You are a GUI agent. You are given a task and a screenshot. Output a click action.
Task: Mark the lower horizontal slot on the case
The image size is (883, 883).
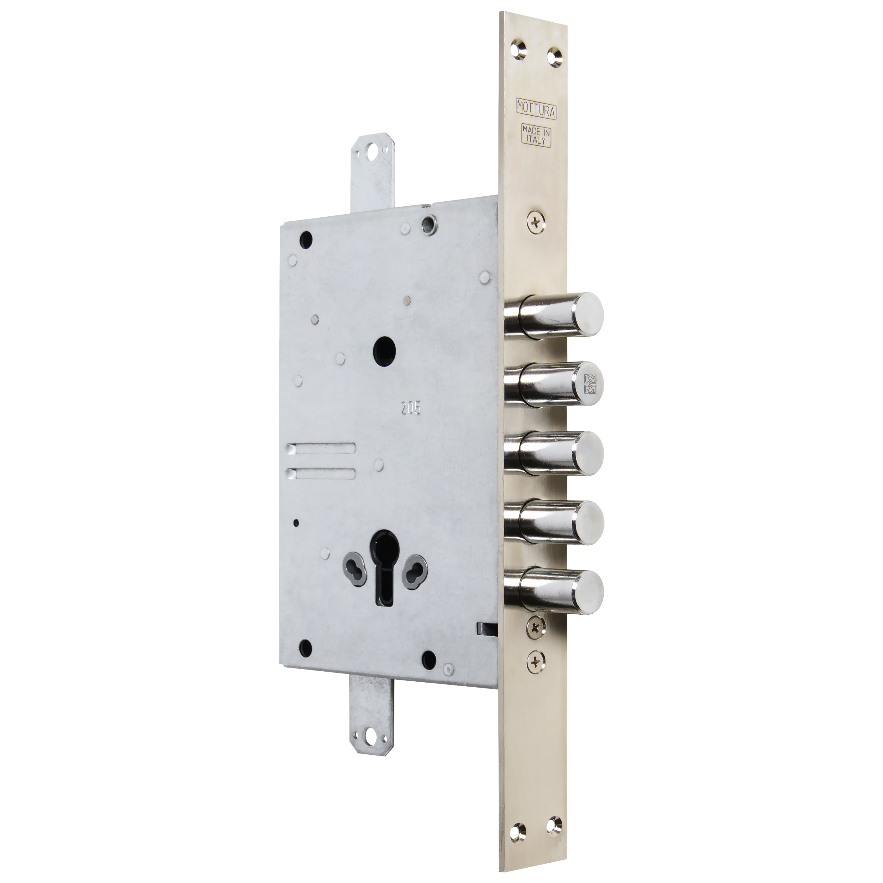point(323,473)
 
